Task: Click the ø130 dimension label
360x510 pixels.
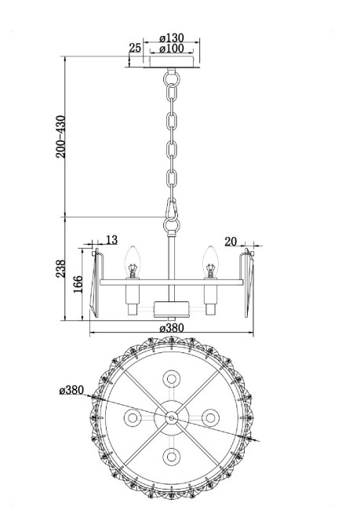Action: point(171,36)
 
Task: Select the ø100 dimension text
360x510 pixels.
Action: point(171,49)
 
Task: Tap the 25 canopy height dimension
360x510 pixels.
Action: point(134,49)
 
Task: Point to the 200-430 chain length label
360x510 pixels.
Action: point(62,137)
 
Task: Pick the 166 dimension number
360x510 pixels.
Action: point(76,285)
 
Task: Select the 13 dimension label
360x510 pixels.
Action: point(111,240)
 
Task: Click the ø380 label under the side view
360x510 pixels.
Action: point(171,328)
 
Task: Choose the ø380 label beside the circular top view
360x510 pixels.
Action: point(71,390)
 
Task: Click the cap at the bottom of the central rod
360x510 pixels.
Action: point(170,307)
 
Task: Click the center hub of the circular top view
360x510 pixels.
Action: point(170,417)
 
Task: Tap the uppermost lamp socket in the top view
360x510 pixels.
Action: point(170,379)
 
